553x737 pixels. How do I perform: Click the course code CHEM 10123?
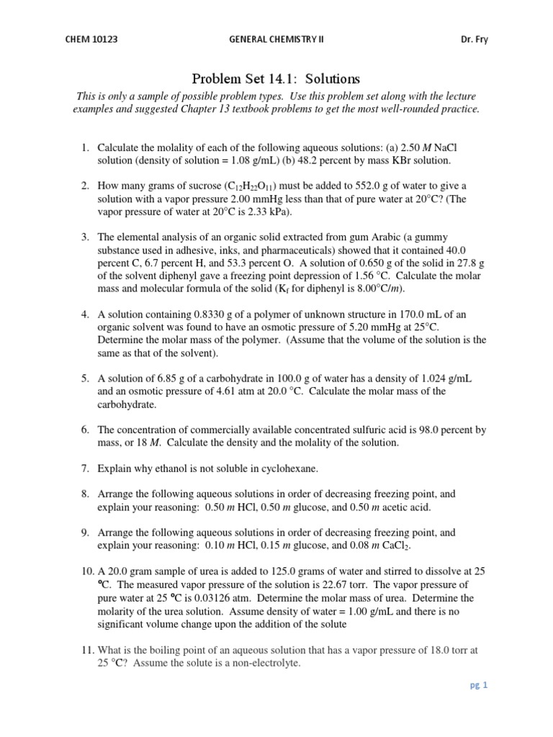click(91, 40)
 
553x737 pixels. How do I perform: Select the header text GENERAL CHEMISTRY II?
click(276, 40)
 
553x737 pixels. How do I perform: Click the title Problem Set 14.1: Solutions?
click(276, 78)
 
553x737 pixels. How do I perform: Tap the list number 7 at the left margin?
click(85, 469)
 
